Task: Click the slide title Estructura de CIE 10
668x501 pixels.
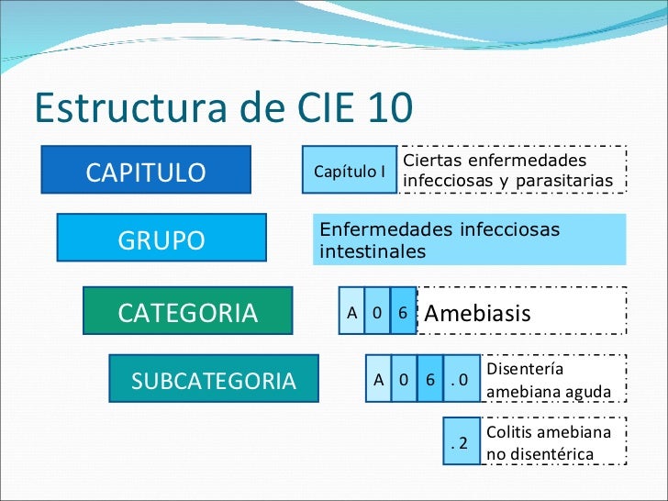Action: point(223,107)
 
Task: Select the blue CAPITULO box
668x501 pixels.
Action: point(146,172)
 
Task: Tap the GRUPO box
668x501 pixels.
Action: point(161,239)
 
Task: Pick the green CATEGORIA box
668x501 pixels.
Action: point(188,312)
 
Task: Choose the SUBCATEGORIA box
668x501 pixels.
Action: point(214,380)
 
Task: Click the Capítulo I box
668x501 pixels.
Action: point(350,171)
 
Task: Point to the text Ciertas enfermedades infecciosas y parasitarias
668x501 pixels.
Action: point(508,171)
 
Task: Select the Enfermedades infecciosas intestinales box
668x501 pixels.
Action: point(468,239)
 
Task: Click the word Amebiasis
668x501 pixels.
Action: point(477,313)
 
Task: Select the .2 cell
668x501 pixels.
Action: point(461,442)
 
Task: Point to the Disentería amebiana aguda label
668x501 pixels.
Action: point(548,381)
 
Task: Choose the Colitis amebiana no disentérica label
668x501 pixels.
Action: point(548,442)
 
